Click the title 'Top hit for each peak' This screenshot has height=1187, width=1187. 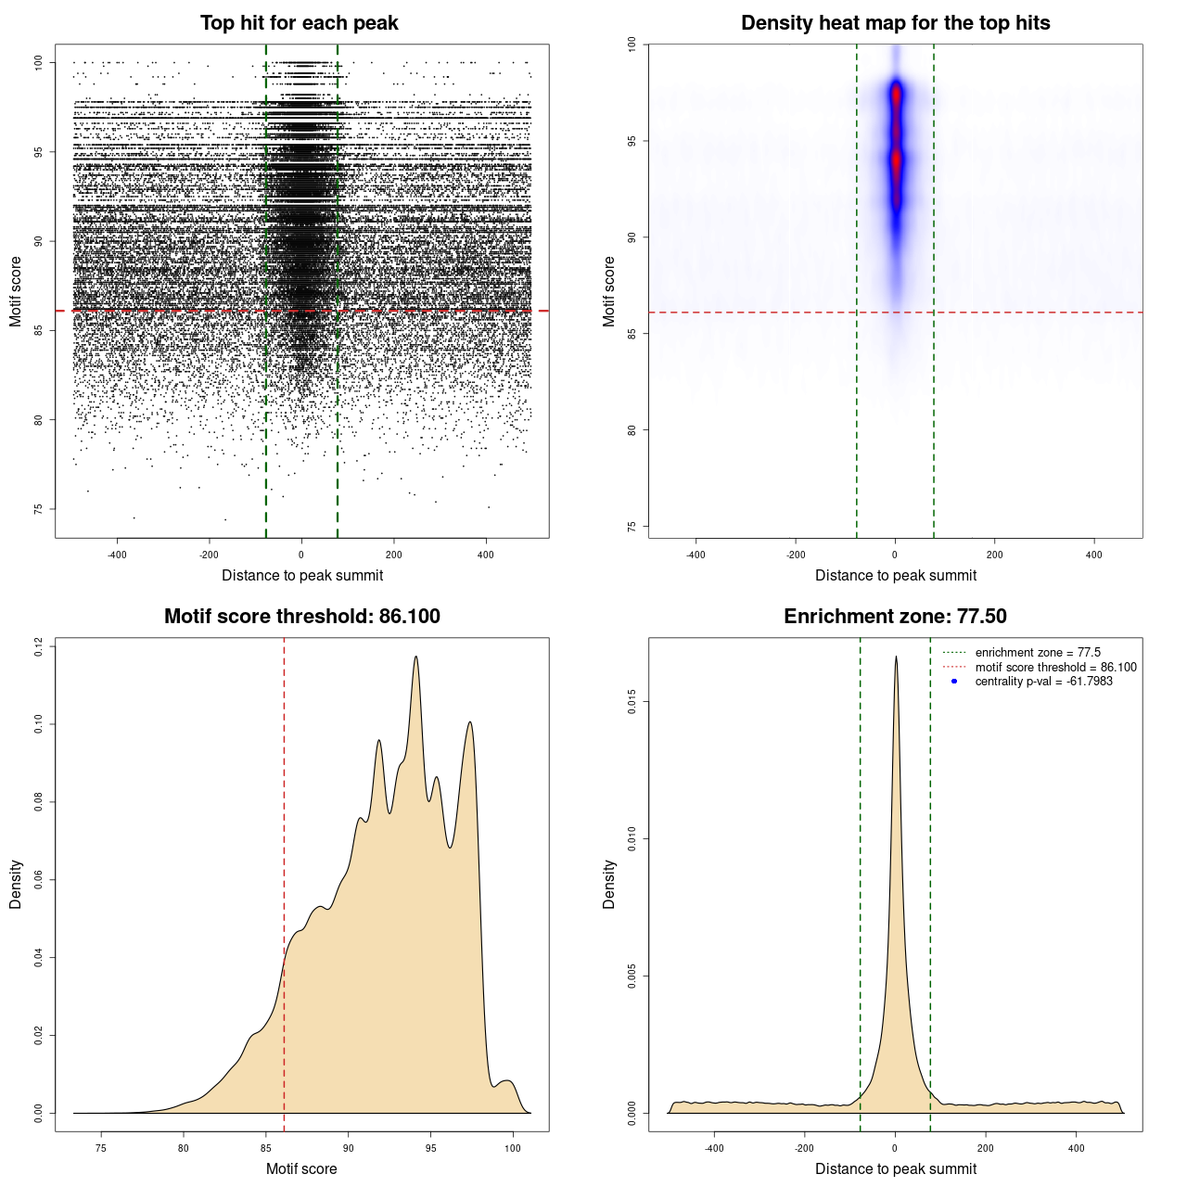[x=299, y=23]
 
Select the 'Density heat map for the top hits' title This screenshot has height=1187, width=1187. [x=895, y=23]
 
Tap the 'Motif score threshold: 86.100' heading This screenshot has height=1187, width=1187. [x=301, y=617]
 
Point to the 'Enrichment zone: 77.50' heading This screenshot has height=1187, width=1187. [x=895, y=617]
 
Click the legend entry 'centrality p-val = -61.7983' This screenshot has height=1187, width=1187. [x=1043, y=682]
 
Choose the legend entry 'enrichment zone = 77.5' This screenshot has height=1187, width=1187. [x=1038, y=653]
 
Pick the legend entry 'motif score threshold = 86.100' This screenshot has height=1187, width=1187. [x=1055, y=668]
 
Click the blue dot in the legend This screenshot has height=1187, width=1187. [x=954, y=682]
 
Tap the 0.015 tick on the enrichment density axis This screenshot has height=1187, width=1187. [x=632, y=702]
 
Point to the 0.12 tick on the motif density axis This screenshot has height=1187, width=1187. [x=38, y=646]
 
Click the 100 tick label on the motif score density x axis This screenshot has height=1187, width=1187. [x=513, y=1148]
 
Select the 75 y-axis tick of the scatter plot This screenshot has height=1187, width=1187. [x=38, y=509]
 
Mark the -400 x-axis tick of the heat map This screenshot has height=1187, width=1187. [x=696, y=555]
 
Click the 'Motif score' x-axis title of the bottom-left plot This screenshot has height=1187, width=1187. [x=301, y=1168]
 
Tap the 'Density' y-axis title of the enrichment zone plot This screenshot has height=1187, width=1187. [x=609, y=884]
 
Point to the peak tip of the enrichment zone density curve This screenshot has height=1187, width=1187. [x=896, y=657]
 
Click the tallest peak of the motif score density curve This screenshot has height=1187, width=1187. [x=416, y=657]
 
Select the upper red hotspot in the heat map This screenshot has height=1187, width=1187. [x=896, y=95]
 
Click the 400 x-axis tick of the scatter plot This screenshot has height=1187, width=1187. [x=486, y=555]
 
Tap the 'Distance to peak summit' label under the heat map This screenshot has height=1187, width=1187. [x=895, y=575]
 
